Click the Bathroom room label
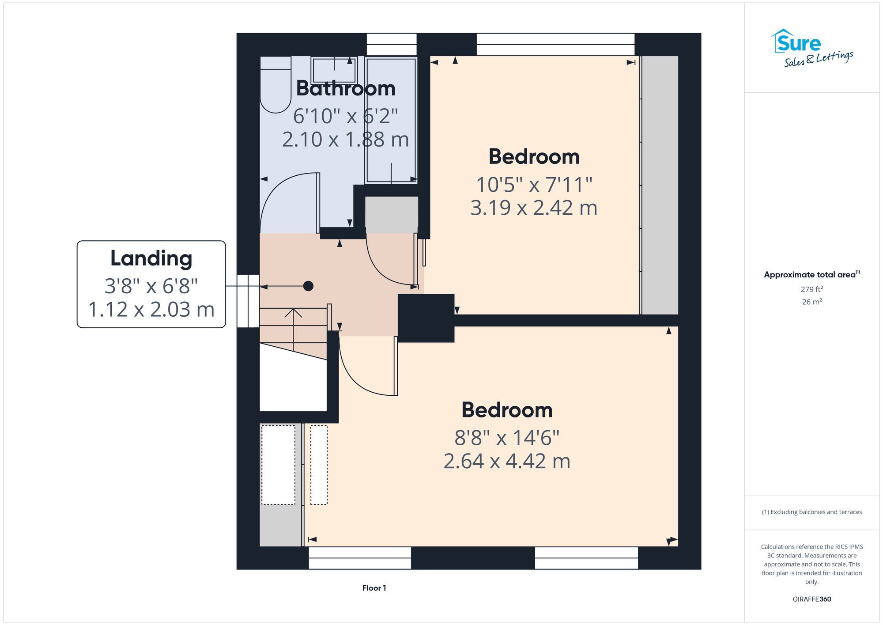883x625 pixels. pos(345,89)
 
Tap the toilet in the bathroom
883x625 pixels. pos(275,88)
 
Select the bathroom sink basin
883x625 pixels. pos(334,71)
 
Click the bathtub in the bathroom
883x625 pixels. pos(391,119)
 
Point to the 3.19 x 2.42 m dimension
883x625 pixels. pos(533,208)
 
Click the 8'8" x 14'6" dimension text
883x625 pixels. pos(507,438)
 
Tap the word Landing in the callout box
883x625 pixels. pos(151,258)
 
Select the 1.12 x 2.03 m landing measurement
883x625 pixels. pos(151,309)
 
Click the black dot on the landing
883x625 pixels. pos(308,286)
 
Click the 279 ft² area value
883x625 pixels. pos(811,289)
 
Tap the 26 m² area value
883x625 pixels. pos(811,302)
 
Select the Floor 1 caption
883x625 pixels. pos(374,588)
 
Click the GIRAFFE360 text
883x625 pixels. pos(811,599)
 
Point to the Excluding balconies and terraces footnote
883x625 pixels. pos(811,512)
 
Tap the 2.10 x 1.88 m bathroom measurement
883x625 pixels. pos(345,140)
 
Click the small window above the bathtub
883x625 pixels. pos(391,44)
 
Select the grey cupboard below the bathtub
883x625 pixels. pos(391,215)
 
